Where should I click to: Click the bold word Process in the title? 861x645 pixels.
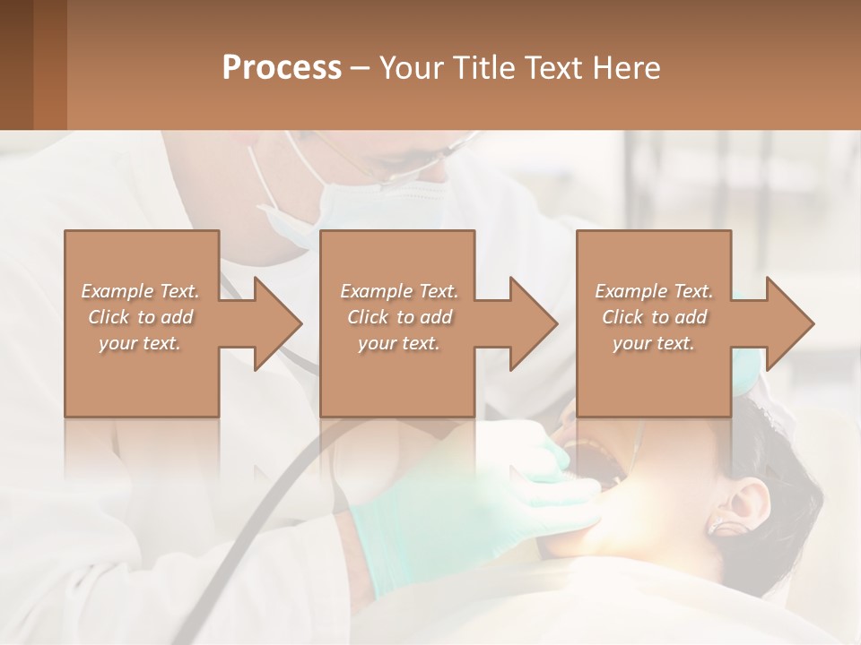[282, 68]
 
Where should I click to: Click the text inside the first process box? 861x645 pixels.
[141, 317]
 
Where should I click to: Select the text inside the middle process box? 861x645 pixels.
[398, 317]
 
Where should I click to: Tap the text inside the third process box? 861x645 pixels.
[654, 317]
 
